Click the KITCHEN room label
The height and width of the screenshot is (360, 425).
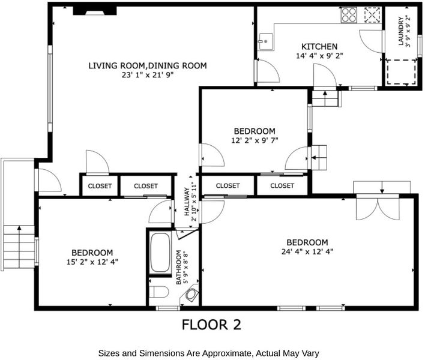319,46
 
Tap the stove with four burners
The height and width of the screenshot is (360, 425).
349,15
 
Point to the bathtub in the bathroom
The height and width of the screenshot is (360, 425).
160,253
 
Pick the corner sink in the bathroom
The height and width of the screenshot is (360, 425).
192,294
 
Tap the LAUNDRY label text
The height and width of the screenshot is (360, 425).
401,31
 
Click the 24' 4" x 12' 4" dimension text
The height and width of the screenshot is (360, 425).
307,251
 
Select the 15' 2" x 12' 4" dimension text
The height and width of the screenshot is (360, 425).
92,262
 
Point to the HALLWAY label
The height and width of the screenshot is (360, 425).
187,202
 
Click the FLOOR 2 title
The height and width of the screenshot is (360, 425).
211,325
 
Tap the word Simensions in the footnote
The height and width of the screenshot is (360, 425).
170,353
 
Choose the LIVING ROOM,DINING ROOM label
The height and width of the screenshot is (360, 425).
148,65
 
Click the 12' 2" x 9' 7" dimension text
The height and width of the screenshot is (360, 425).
255,140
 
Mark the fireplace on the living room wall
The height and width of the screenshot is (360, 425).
95,11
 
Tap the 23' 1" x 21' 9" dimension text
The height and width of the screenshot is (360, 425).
148,75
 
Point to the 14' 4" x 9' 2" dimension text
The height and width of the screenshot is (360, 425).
319,56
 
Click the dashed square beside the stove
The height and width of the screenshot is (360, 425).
372,15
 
